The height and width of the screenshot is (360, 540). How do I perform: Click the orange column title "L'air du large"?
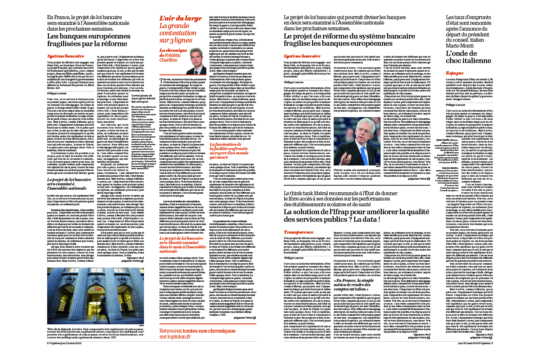[180, 18]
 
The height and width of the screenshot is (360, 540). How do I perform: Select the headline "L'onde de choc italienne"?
[468, 57]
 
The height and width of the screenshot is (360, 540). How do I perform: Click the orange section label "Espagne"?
[455, 73]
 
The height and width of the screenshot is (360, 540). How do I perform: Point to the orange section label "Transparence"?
[298, 232]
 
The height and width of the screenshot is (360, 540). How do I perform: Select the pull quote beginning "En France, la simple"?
[354, 284]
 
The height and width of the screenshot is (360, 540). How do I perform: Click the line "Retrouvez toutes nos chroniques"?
[197, 330]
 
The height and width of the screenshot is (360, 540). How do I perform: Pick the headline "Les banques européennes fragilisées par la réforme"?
[89, 40]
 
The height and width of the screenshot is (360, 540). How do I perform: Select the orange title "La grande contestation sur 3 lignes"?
[178, 33]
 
